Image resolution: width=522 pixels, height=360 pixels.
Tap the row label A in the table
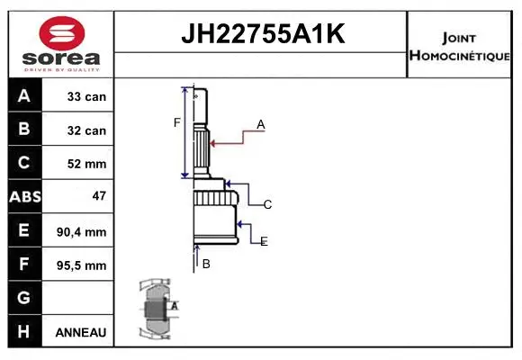pos(24,96)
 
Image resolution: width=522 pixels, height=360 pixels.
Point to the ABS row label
pos(24,197)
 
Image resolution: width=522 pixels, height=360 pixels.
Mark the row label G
pos(24,298)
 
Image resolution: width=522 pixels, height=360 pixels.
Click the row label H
pos(24,332)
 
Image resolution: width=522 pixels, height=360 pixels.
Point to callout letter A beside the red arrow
pos(260,125)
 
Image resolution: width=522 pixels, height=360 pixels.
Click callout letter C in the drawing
pos(267,205)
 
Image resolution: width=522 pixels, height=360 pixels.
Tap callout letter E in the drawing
pos(264,241)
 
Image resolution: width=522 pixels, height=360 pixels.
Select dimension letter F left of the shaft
pos(176,122)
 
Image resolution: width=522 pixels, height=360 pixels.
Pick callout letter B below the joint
pos(206,264)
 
